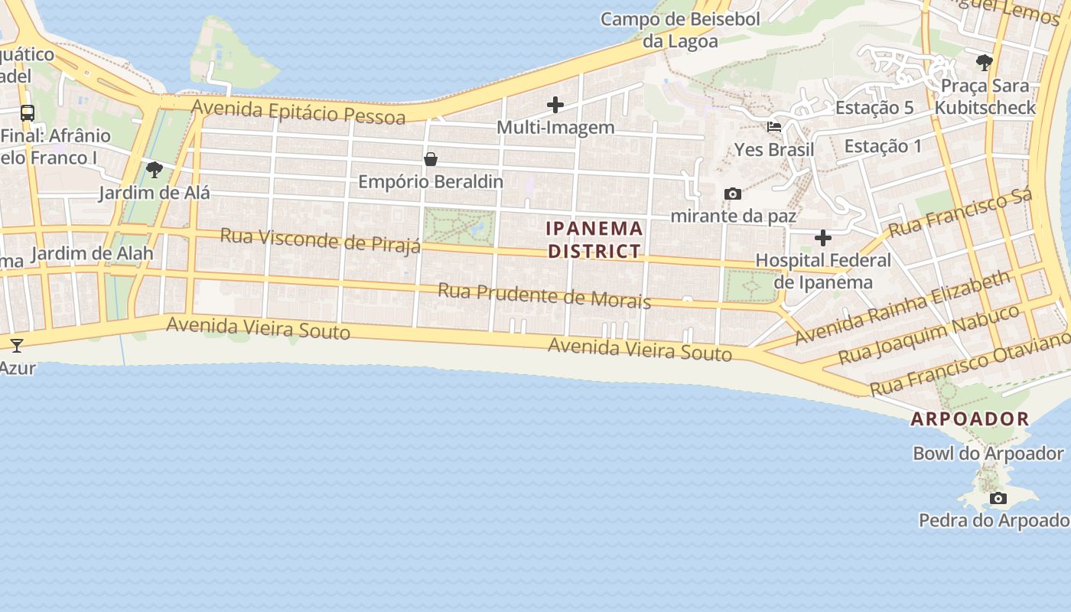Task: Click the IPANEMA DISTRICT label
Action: coord(594,239)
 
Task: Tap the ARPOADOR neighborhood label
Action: coord(969,419)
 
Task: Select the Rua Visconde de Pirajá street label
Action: coord(321,239)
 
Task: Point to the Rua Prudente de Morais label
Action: coord(544,295)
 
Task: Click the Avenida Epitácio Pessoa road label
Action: coord(298,112)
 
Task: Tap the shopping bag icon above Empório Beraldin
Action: coord(431,159)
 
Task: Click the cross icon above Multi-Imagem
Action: coord(555,105)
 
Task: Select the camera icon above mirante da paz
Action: coord(732,194)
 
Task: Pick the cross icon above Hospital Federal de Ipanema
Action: coord(822,238)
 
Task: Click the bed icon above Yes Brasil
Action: coord(774,127)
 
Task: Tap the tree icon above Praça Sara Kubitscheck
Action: coord(985,62)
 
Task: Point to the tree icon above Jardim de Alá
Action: coord(155,169)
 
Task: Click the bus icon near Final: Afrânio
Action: coord(28,113)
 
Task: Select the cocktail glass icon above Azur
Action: coord(17,345)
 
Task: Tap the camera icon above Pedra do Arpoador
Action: coord(998,499)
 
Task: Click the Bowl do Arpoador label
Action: coord(988,453)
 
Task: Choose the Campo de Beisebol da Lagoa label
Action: coord(679,30)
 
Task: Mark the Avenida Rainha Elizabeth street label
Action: coord(903,308)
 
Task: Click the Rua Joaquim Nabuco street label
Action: coord(928,334)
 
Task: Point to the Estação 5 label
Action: coord(874,107)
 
